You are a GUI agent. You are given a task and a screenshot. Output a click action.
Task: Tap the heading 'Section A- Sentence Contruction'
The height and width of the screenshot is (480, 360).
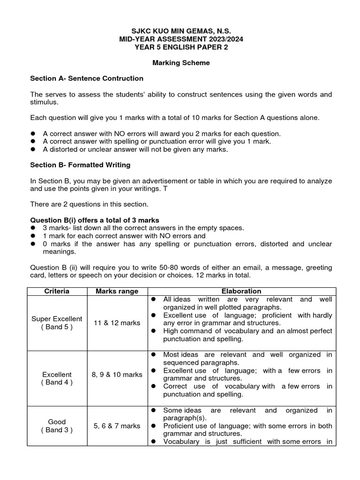(x=87, y=78)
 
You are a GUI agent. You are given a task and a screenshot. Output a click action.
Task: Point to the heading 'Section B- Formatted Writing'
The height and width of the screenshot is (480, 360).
(x=80, y=165)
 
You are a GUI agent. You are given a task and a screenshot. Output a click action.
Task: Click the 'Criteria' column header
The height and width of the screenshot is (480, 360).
(x=57, y=291)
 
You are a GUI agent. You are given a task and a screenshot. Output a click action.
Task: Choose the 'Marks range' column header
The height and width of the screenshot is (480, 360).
(x=117, y=291)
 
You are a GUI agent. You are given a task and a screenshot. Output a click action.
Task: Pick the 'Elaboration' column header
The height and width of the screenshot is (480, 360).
(x=242, y=291)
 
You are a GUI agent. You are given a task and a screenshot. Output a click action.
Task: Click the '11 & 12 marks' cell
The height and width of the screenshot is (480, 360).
(x=117, y=323)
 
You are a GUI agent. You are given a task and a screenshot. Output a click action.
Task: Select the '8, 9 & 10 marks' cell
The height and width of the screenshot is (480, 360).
(x=117, y=375)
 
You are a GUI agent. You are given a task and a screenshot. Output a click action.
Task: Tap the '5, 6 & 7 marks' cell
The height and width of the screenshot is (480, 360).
(x=117, y=426)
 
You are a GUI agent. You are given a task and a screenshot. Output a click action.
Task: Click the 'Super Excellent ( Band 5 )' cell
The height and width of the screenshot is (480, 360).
(x=57, y=323)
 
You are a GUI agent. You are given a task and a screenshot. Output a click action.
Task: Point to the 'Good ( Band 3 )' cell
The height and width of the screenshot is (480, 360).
(x=57, y=426)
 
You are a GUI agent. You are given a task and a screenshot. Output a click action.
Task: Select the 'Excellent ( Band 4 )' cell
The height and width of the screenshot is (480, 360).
(x=57, y=378)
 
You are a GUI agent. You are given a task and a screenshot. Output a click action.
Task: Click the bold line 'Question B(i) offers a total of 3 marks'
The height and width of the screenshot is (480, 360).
(x=95, y=220)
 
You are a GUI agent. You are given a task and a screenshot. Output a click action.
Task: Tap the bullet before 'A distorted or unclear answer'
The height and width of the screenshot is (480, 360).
(x=33, y=150)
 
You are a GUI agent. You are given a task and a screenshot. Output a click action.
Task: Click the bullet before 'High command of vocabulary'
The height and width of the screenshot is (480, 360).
(x=153, y=331)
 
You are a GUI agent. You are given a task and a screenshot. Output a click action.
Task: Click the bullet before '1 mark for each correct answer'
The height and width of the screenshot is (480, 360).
(x=33, y=236)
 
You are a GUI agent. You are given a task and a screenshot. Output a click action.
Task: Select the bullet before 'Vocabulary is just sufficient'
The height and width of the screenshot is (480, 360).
(x=153, y=442)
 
